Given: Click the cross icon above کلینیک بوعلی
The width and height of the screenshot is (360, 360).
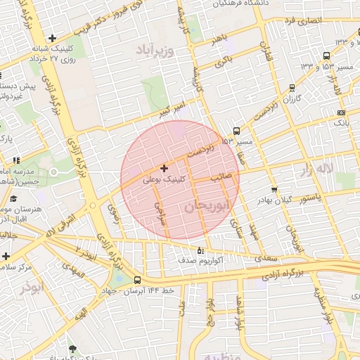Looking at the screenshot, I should [x=164, y=168].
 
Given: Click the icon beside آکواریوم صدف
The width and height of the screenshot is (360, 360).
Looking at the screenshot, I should [x=200, y=250].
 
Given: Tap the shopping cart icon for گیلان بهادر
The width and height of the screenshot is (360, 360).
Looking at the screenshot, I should [x=274, y=189].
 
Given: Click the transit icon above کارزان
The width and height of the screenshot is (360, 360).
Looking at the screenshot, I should [x=291, y=88].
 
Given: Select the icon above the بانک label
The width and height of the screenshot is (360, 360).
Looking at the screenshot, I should [x=342, y=112].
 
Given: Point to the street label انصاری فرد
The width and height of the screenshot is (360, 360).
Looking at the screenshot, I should [x=303, y=21].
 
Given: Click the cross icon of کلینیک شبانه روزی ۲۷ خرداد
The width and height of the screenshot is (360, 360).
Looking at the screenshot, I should [x=53, y=38].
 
